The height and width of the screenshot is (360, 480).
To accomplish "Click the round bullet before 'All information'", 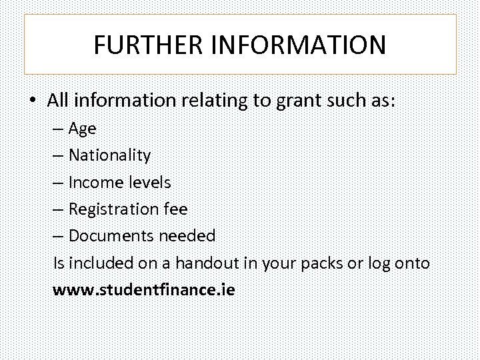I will [33, 101].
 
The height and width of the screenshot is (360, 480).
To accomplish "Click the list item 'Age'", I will [83, 129].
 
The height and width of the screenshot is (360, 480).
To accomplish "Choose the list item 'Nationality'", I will [109, 155].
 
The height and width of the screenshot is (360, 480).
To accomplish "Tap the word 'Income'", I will [95, 182].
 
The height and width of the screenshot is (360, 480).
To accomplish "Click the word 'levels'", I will [149, 182].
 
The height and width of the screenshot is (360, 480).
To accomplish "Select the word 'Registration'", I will [111, 209].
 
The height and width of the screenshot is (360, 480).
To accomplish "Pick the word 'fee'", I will [175, 209].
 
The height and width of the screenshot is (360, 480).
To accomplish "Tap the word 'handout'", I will [212, 263].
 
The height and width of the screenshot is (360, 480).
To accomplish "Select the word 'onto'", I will [412, 263].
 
